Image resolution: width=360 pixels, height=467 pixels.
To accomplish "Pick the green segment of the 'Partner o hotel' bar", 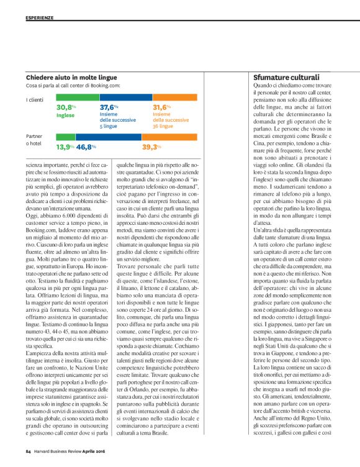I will tap(66, 137).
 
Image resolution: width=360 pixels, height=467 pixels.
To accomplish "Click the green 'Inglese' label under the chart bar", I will tap(65, 115).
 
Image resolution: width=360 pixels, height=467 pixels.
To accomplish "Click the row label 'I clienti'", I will tap(35, 99).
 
